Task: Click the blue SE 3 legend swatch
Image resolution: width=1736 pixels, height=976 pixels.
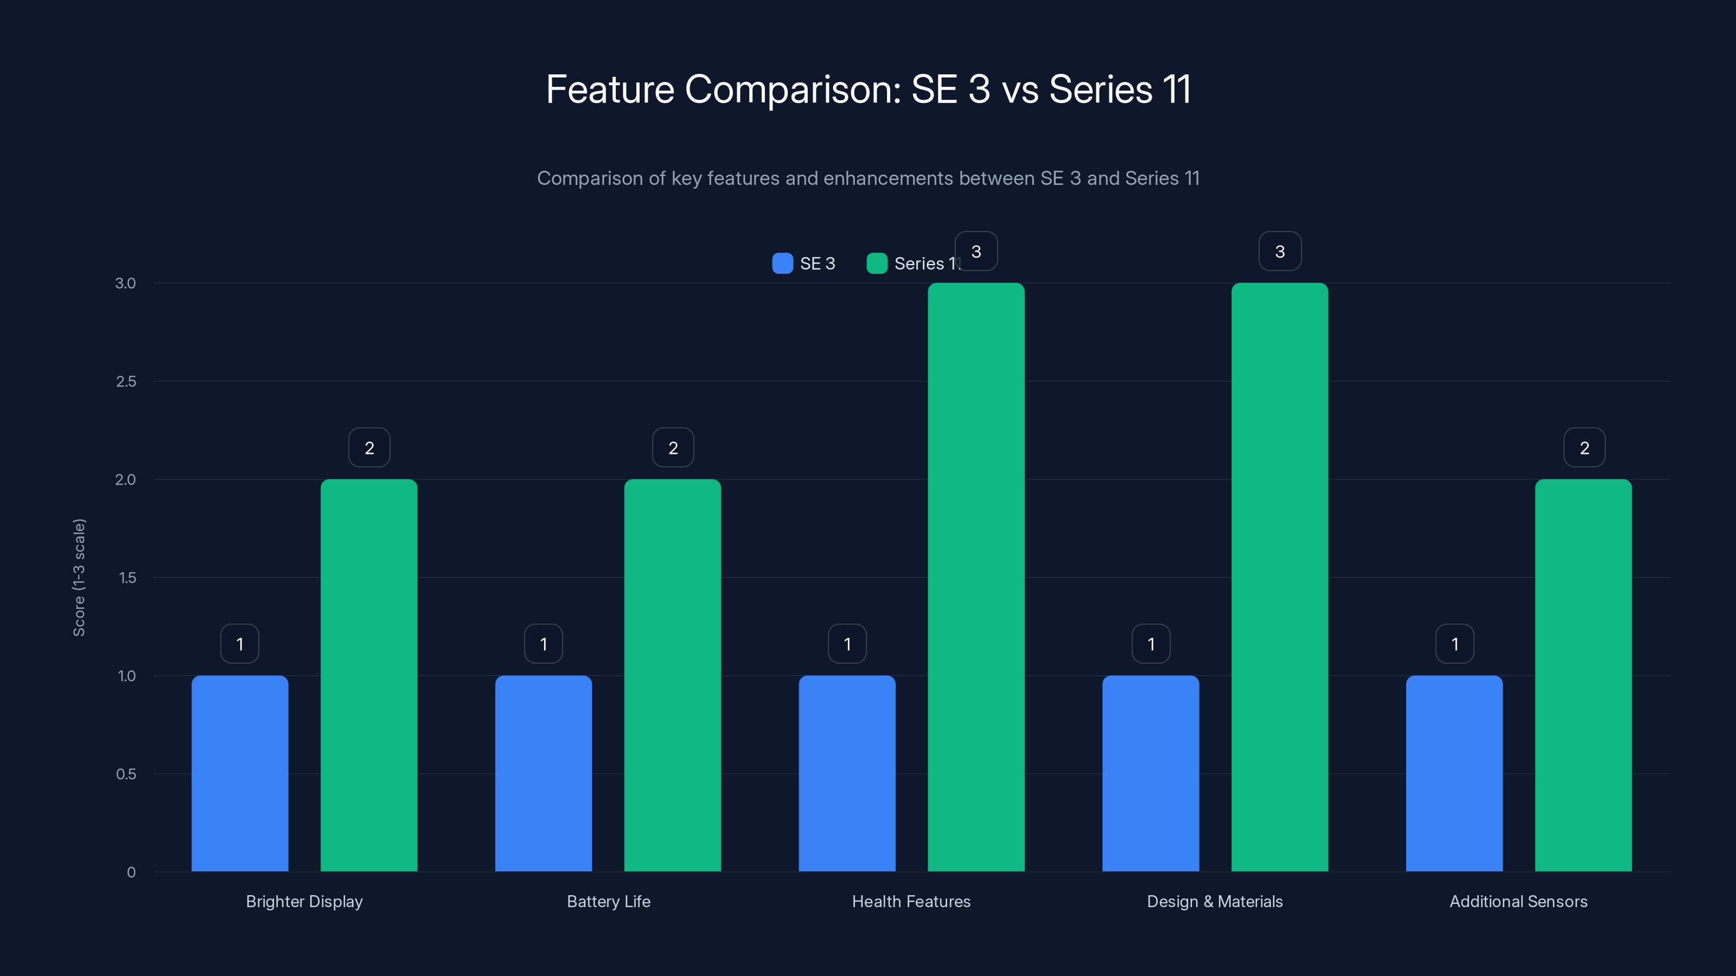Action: (x=782, y=264)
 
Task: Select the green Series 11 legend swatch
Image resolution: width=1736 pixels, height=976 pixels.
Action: (x=877, y=264)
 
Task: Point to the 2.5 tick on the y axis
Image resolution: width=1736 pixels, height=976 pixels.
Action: (x=126, y=382)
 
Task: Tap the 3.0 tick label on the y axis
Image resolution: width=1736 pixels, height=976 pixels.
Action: (x=125, y=284)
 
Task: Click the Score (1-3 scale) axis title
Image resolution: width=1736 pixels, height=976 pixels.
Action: (x=79, y=577)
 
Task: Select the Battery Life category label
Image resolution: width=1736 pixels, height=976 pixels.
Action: (x=609, y=901)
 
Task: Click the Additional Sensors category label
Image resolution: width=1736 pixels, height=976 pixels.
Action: (x=1518, y=901)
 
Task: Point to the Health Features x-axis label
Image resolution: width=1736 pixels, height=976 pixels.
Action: (x=911, y=901)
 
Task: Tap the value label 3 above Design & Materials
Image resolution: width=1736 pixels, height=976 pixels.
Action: (x=1280, y=251)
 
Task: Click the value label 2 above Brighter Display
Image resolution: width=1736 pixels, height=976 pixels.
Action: (x=369, y=448)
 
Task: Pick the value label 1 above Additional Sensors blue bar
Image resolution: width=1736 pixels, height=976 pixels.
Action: (x=1455, y=644)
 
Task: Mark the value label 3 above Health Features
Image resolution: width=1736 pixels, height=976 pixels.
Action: (x=976, y=251)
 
